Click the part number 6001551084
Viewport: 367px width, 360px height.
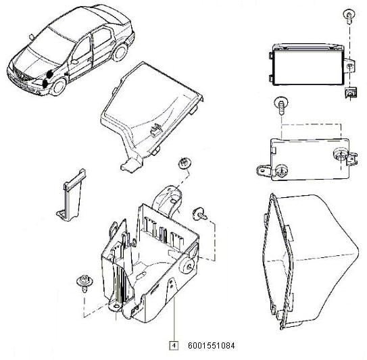tap(211, 346)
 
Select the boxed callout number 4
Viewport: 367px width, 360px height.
tap(174, 346)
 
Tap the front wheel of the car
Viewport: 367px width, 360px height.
tap(58, 86)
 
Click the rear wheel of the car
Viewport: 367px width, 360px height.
tap(120, 53)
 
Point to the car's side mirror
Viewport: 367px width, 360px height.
tap(74, 61)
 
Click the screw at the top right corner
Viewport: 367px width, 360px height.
tap(349, 16)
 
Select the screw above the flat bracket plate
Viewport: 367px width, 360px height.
tap(281, 105)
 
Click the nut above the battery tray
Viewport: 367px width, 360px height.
tap(185, 163)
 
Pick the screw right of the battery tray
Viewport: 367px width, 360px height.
tap(200, 214)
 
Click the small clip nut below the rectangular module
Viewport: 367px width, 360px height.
tap(350, 92)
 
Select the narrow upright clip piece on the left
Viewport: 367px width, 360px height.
tap(71, 195)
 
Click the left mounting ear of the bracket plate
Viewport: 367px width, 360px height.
tap(264, 170)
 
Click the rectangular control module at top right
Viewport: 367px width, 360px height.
tap(309, 65)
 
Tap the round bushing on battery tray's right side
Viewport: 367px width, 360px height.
tap(188, 266)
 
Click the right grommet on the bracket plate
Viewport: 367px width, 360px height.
tap(340, 155)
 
